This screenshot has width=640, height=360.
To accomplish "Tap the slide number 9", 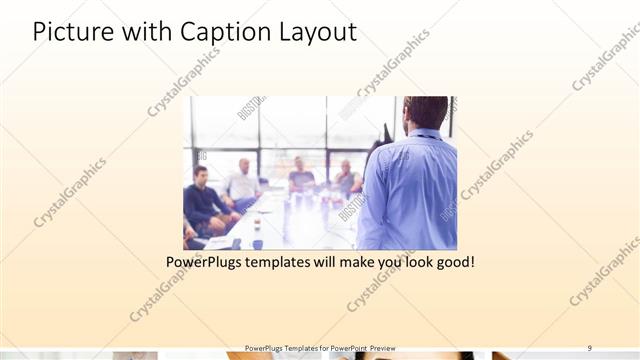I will click(x=589, y=348).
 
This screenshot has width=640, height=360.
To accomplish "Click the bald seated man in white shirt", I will click(x=243, y=180).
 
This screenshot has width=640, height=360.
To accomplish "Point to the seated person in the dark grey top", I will click(x=300, y=176).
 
